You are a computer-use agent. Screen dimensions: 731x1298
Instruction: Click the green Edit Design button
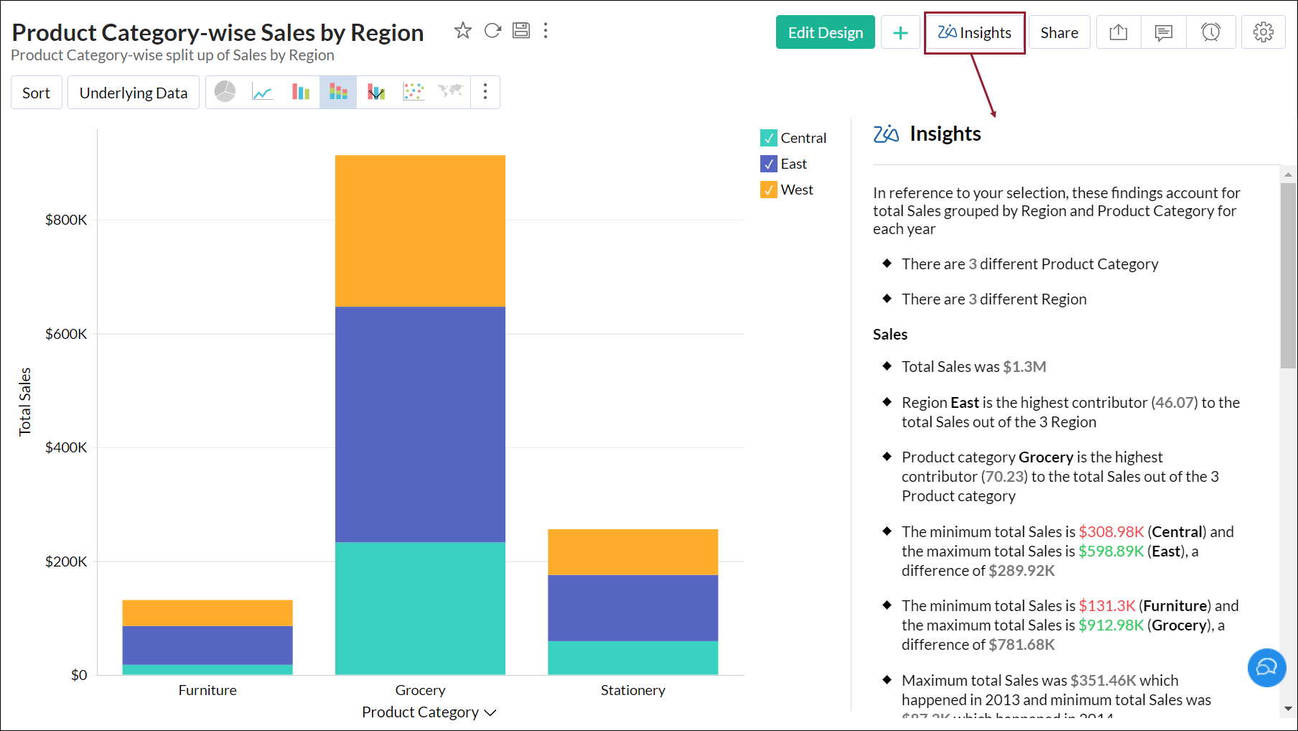point(825,32)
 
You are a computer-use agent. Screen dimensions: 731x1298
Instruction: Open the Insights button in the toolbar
point(974,32)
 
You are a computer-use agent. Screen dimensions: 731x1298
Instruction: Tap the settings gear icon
point(1263,32)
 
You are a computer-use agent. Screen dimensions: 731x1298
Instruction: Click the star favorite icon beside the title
point(463,30)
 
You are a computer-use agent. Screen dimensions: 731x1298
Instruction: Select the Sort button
point(36,93)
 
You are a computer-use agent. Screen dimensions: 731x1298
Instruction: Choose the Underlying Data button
point(133,93)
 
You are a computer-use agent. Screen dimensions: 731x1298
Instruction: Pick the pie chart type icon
point(225,91)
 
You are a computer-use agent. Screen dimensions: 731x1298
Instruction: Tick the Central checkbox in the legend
point(769,138)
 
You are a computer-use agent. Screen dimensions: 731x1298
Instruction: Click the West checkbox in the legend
point(769,190)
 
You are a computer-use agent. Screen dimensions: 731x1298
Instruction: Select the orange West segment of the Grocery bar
point(420,231)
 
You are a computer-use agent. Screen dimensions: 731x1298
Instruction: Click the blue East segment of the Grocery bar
point(420,424)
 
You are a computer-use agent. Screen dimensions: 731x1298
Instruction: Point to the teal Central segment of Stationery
point(632,658)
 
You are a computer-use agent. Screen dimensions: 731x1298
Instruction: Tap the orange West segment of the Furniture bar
point(207,613)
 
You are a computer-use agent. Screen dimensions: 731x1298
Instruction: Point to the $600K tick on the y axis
point(66,334)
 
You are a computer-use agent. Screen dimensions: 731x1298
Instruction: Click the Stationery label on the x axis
point(632,690)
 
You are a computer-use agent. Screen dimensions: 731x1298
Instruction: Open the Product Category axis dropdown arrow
point(490,712)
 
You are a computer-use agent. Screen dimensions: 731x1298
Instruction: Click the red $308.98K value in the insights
point(1111,532)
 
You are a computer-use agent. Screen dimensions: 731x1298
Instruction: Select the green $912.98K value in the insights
point(1111,625)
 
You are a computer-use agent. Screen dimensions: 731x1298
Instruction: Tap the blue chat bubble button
point(1266,668)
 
